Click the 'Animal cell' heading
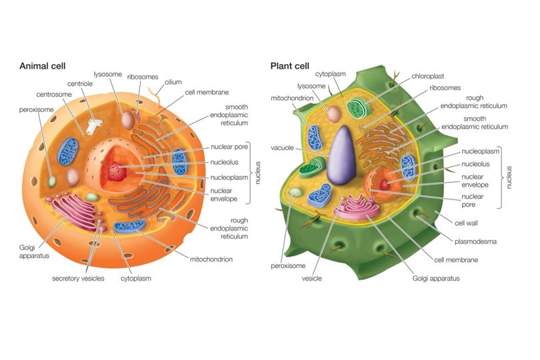point(43,66)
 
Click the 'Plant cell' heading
point(289,66)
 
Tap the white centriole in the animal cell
point(93,127)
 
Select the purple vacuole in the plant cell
point(341,155)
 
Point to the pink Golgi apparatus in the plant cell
point(357,207)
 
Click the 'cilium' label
point(173,82)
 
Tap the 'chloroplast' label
point(428,76)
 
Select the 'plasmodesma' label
point(475,241)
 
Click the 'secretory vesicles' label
point(78,279)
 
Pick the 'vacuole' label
point(282,148)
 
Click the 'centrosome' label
point(54,95)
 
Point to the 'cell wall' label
point(466,223)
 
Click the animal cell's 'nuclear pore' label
point(229,147)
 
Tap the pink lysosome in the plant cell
point(334,114)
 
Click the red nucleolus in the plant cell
point(385,185)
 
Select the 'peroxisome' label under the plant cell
point(288,266)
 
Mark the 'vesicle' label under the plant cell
point(312,279)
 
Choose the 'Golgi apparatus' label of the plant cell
point(436,279)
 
